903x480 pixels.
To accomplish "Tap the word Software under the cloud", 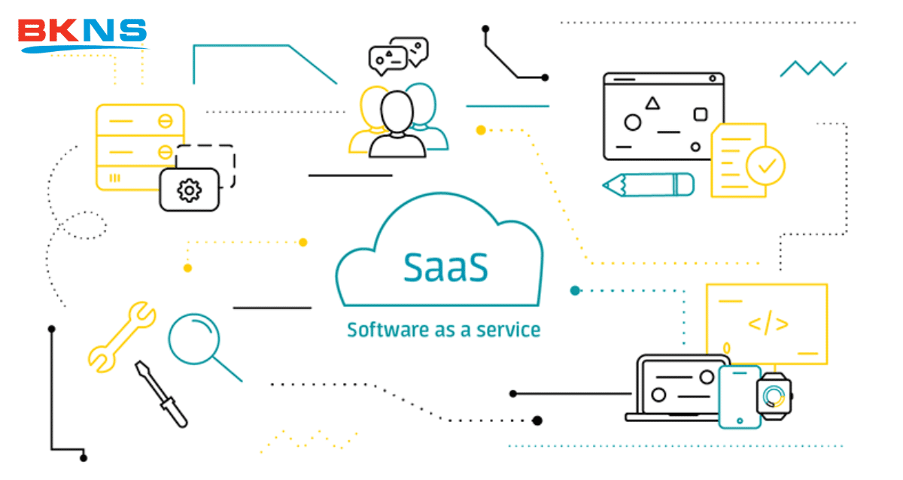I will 382,330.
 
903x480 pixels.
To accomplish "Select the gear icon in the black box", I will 189,190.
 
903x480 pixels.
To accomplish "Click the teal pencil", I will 648,184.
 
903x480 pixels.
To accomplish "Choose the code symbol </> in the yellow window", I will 768,324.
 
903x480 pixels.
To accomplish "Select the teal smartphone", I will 739,396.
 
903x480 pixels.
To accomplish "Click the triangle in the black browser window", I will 652,102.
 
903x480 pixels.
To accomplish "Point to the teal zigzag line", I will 813,68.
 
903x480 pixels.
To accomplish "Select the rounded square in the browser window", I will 700,114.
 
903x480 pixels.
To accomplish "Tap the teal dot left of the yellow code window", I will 576,290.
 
